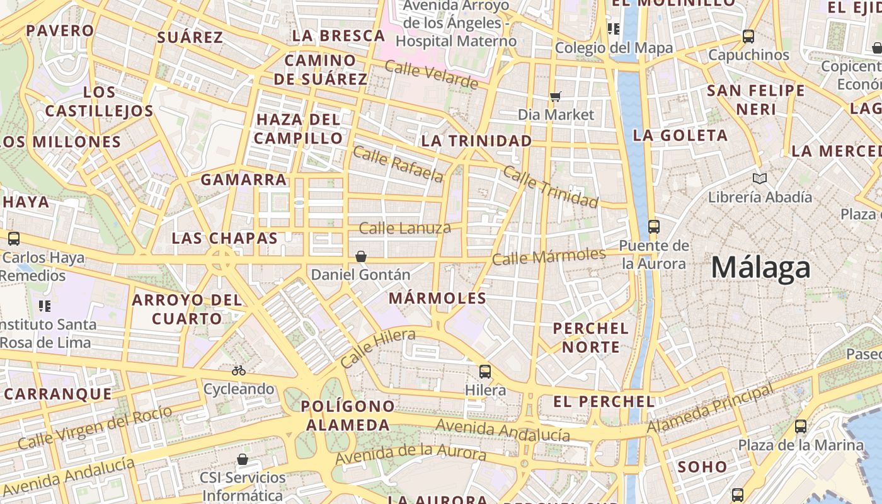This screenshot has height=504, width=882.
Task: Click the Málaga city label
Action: click(x=760, y=268)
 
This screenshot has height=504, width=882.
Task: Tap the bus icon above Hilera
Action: click(x=484, y=372)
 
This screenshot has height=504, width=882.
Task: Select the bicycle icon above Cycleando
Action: click(x=238, y=370)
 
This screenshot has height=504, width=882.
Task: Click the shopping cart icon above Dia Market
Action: click(x=555, y=96)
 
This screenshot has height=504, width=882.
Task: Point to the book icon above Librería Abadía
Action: click(x=760, y=179)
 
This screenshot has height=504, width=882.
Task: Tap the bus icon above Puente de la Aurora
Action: click(x=653, y=227)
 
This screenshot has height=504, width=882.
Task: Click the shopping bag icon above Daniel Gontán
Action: click(x=361, y=256)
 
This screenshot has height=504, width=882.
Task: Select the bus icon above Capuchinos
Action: click(x=748, y=37)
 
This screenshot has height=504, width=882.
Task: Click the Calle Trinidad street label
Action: click(x=550, y=187)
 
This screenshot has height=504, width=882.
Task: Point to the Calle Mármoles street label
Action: click(x=548, y=256)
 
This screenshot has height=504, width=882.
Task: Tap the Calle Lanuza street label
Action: click(x=404, y=228)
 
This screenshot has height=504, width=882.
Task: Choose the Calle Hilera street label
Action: click(x=378, y=348)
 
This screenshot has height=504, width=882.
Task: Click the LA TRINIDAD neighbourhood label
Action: click(x=476, y=141)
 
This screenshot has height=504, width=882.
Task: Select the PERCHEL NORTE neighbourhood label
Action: click(x=590, y=338)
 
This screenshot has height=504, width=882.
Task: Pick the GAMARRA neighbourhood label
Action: click(x=243, y=180)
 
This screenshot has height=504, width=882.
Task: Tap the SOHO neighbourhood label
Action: click(x=702, y=467)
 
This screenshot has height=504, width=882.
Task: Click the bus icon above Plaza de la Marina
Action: click(x=800, y=427)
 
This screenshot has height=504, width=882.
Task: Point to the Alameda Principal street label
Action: click(x=710, y=409)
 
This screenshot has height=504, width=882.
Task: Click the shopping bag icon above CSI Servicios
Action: click(x=243, y=459)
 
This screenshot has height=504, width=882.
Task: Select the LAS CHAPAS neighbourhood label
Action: click(x=224, y=239)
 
